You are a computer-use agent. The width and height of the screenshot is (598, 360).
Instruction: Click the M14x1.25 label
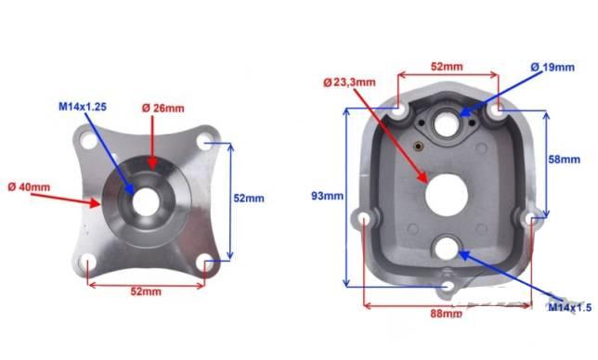point(83,107)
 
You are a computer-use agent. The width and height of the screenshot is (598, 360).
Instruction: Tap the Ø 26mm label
point(162,109)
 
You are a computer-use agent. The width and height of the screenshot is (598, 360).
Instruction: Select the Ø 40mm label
point(29,187)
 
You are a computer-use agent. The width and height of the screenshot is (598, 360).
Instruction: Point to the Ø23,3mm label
point(349,82)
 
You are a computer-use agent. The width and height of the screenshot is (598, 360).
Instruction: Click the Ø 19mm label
point(552,68)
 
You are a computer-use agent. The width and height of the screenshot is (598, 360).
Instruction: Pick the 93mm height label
point(327,196)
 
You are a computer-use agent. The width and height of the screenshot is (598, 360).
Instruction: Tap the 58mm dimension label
point(564,160)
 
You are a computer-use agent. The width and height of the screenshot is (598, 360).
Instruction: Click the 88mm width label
point(447,314)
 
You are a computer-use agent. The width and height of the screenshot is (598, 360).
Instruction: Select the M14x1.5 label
point(570,307)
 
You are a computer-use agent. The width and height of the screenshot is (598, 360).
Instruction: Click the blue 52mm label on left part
point(249,199)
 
